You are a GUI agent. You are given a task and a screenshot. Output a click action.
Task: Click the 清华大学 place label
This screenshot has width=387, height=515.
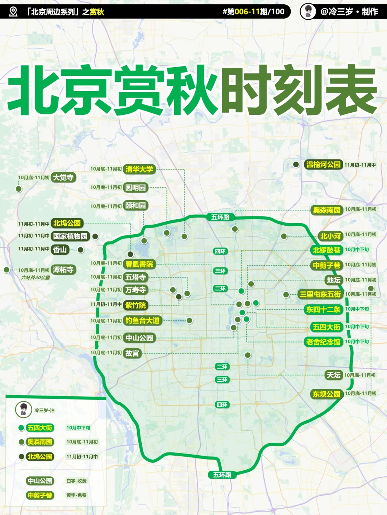coord(139,169)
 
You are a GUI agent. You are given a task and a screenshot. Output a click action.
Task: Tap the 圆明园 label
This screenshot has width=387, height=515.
coord(135,187)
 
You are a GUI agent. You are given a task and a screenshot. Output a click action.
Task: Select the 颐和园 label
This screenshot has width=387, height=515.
coord(135,206)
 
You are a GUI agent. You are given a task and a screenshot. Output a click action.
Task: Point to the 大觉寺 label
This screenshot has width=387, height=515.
coord(63,177)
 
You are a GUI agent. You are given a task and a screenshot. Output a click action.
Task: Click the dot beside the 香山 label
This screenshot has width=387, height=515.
coord(81,250)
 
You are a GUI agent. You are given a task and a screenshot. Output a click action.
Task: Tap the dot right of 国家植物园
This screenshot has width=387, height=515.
coord(95,236)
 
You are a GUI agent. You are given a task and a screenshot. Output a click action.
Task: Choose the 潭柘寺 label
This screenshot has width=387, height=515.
coord(63,270)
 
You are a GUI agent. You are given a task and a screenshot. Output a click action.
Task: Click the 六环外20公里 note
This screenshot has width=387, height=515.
coord(35,278)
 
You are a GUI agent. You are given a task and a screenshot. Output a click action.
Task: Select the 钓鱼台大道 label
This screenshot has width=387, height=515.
coord(142,320)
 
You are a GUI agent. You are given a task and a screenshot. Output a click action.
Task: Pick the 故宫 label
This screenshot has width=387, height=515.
coord(132,353)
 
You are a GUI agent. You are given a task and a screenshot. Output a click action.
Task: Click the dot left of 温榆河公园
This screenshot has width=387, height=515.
coord(296,165)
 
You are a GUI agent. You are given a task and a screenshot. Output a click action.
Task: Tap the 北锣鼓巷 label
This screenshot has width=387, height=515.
coord(326,250)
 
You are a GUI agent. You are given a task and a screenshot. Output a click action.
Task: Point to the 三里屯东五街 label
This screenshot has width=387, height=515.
coord(320,294)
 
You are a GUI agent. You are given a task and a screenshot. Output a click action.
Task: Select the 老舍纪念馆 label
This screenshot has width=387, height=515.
coord(323,342)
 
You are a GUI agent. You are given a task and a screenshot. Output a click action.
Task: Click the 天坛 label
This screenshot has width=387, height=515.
coord(333,375)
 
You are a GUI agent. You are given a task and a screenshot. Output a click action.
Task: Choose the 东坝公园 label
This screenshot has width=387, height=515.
coord(326,394)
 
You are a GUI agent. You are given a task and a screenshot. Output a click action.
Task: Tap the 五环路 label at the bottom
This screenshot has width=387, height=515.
coord(222,475)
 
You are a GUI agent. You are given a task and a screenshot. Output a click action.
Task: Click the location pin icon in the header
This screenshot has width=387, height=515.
coord(13,12)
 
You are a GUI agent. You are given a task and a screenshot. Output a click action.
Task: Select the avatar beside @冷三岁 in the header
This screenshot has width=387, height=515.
coord(308,11)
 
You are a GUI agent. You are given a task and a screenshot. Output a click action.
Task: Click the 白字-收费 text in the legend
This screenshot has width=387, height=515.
coord(76,481)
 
